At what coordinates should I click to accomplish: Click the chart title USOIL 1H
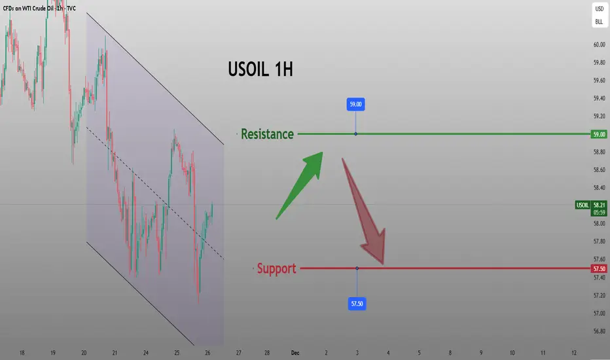coord(260,69)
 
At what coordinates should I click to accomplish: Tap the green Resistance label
coord(267,134)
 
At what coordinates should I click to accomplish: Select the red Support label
coord(277,268)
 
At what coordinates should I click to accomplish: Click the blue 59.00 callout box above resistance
coord(355,104)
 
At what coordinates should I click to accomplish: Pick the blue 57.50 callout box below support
coord(357,304)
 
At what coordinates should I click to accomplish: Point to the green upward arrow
coord(300,185)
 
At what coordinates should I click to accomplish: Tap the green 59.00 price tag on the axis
coord(599,134)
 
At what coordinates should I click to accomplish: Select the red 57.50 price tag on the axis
coord(599,269)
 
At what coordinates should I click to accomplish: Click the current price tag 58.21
coord(599,205)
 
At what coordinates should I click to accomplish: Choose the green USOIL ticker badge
coord(583,205)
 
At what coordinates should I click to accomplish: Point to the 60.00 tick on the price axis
coord(599,45)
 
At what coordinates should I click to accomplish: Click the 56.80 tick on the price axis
coord(599,331)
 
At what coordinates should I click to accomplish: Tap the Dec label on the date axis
coord(295,353)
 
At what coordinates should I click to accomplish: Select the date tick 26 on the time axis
coord(207,353)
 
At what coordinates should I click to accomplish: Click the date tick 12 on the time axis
coord(574,353)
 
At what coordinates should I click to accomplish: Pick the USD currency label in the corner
coord(599,9)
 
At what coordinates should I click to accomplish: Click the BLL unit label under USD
coord(599,22)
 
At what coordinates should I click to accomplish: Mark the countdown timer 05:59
coord(599,213)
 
